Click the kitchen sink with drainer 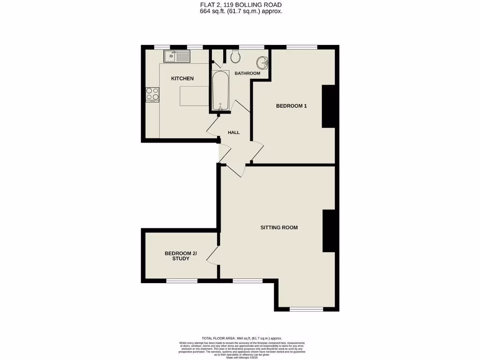pyautogui.click(x=177, y=57)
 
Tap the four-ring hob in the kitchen pyautogui.click(x=152, y=94)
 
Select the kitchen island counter pyautogui.click(x=193, y=97)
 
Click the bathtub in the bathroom pyautogui.click(x=220, y=91)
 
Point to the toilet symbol pyautogui.click(x=235, y=56)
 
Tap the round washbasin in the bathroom pyautogui.click(x=262, y=62)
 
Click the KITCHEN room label pyautogui.click(x=182, y=78)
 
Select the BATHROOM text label pyautogui.click(x=247, y=74)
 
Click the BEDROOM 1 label pyautogui.click(x=291, y=106)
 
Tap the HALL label pyautogui.click(x=233, y=133)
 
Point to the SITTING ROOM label pyautogui.click(x=279, y=228)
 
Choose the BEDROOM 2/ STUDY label pyautogui.click(x=180, y=256)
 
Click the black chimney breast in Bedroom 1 pyautogui.click(x=328, y=106)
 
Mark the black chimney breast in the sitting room pyautogui.click(x=329, y=231)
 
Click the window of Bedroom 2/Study pyautogui.click(x=182, y=281)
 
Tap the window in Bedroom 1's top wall pyautogui.click(x=301, y=47)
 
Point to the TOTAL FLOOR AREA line pyautogui.click(x=241, y=338)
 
